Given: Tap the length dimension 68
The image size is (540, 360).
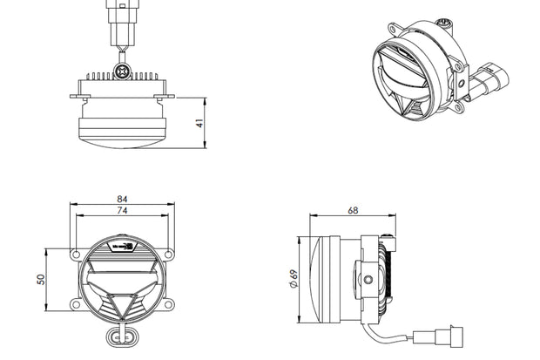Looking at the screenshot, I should point(353,210).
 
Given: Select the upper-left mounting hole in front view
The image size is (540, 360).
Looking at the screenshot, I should point(75,255).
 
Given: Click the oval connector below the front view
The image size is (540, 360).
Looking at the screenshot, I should point(122,337).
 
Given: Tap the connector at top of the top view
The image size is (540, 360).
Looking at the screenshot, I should point(121,17).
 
